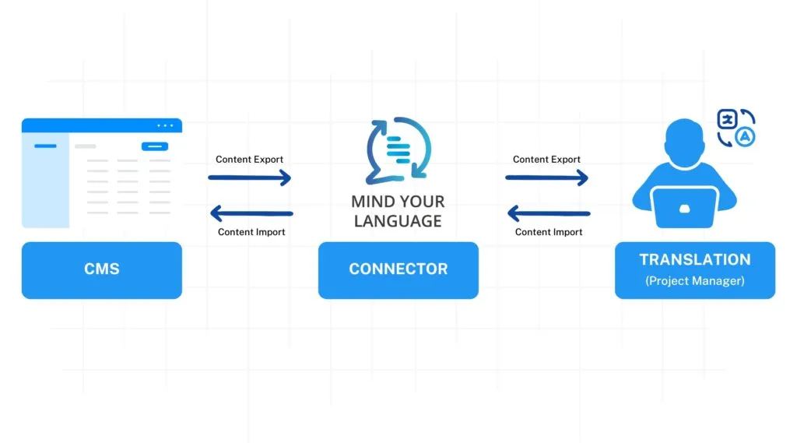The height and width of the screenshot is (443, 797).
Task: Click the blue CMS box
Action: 101,269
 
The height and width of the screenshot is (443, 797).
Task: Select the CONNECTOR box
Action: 398,269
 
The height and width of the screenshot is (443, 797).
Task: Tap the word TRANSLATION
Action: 694,260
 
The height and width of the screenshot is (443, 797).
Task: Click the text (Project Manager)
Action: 694,281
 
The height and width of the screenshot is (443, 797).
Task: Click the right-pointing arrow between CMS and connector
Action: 249,178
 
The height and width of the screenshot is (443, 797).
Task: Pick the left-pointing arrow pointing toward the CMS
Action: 251,213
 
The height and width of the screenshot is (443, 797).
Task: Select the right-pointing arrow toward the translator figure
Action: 546,178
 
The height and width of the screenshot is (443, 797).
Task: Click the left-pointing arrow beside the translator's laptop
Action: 549,213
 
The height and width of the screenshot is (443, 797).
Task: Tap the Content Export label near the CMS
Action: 249,160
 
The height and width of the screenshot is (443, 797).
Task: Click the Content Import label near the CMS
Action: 251,232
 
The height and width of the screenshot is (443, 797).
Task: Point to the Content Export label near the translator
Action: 546,160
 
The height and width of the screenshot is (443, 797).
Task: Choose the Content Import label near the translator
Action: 549,232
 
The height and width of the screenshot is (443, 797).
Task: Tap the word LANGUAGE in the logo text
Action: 398,221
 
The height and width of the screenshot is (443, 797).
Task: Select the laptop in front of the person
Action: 684,207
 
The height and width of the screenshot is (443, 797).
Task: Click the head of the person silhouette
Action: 684,142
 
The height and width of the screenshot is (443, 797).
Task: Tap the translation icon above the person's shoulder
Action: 736,128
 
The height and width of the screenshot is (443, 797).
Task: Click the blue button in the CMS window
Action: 154,146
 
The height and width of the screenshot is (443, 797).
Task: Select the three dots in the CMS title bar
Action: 165,125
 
